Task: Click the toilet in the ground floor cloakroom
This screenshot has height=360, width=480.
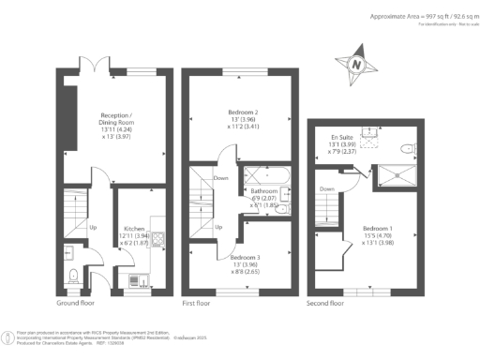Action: pos(74,275)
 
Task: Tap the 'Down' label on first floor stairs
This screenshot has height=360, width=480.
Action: pos(220,177)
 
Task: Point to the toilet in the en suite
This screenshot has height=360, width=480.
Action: pos(407,148)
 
